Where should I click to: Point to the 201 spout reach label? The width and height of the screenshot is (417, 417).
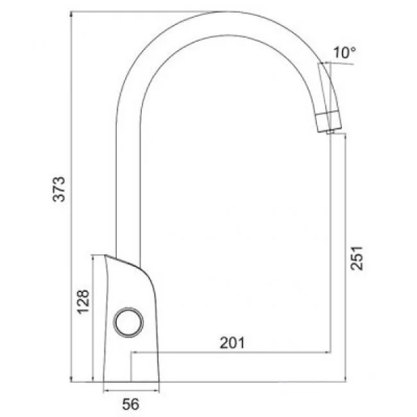(x=232, y=343)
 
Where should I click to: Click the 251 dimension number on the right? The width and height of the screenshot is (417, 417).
(x=358, y=259)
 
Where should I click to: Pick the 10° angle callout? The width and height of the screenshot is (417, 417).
(x=344, y=53)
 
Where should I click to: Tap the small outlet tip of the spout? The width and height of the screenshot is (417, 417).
(x=329, y=131)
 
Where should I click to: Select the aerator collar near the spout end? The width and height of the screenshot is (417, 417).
(x=328, y=119)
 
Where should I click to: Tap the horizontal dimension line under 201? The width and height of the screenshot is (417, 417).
(x=231, y=352)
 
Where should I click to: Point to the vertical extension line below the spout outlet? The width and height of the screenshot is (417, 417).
(x=331, y=244)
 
